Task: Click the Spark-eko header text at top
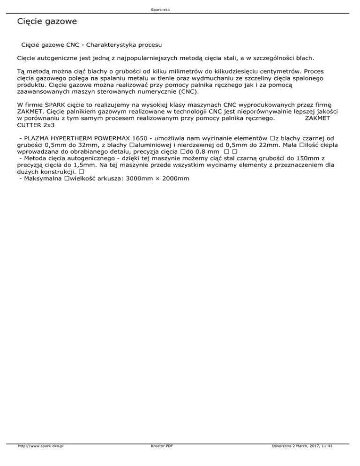click(x=180, y=9)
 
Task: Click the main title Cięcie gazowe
click(x=46, y=22)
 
